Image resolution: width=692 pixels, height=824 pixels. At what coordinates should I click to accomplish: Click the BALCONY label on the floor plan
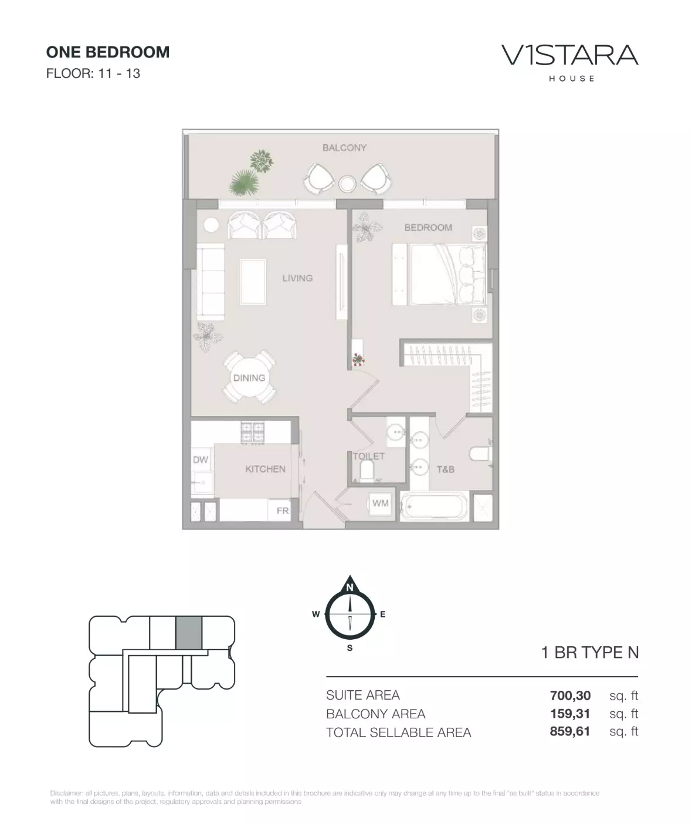pos(344,147)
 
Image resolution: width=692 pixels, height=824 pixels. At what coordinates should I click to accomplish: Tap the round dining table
pos(249,377)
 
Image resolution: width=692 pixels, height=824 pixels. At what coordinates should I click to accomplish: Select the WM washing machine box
pos(380,504)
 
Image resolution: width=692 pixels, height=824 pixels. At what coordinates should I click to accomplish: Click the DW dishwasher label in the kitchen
pos(201,460)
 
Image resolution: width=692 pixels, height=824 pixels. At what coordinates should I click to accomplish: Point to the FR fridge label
pos(282,511)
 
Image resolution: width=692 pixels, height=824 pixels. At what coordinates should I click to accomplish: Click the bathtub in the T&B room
pos(434,506)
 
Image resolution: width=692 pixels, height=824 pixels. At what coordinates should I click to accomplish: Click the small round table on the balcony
pos(347,184)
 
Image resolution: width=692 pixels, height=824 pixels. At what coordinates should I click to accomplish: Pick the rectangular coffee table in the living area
pos(253,281)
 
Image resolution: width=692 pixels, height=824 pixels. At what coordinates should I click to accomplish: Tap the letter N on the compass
pos(350,587)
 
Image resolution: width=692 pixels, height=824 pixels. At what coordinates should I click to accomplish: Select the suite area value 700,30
pos(570,695)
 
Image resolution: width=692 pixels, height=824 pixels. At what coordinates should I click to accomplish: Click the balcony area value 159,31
pos(570,714)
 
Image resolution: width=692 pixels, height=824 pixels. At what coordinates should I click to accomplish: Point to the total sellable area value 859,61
pos(570,731)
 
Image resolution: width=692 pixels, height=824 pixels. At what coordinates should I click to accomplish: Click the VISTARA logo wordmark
pos(570,55)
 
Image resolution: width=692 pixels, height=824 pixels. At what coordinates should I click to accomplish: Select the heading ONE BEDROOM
pos(108,52)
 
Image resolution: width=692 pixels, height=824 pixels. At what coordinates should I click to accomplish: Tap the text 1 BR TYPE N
pos(590,653)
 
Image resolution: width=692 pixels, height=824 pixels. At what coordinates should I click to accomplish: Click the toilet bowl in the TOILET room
pos(367,471)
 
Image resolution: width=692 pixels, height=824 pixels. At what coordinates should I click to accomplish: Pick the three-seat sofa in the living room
pos(210,281)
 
